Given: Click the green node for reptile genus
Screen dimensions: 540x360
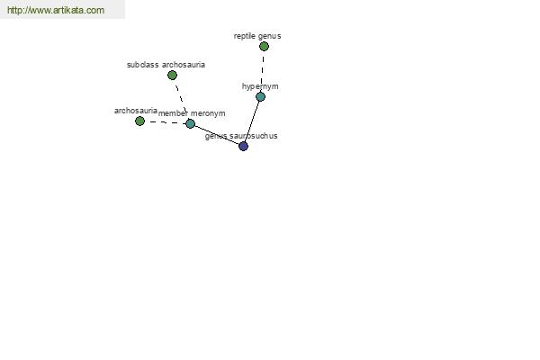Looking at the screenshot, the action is pyautogui.click(x=264, y=46).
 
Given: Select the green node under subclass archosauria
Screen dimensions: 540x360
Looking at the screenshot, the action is pyautogui.click(x=172, y=75).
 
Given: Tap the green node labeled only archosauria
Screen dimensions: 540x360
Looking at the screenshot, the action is pyautogui.click(x=139, y=121).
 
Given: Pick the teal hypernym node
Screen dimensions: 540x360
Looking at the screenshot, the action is pyautogui.click(x=261, y=97).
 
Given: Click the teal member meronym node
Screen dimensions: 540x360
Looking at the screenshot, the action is pyautogui.click(x=191, y=123).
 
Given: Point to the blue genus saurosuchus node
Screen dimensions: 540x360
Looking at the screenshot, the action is pyautogui.click(x=244, y=146).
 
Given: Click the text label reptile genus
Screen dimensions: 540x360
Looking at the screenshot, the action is pyautogui.click(x=257, y=36).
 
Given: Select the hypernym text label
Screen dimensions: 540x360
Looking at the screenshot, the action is pyautogui.click(x=260, y=86).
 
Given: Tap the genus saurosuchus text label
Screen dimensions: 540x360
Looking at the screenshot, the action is pyautogui.click(x=241, y=136).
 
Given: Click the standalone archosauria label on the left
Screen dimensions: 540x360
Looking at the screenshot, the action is pyautogui.click(x=136, y=111).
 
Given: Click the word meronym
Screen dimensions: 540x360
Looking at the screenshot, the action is pyautogui.click(x=208, y=113).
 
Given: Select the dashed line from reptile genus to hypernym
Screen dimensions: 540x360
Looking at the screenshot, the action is pyautogui.click(x=263, y=72).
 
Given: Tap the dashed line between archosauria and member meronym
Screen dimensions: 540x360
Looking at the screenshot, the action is pyautogui.click(x=166, y=122).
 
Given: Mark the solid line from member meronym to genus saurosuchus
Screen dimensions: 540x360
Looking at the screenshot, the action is pyautogui.click(x=217, y=135).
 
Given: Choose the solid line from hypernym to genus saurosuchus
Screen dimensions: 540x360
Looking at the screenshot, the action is pyautogui.click(x=252, y=121).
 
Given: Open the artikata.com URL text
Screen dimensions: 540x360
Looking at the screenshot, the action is pyautogui.click(x=56, y=10).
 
